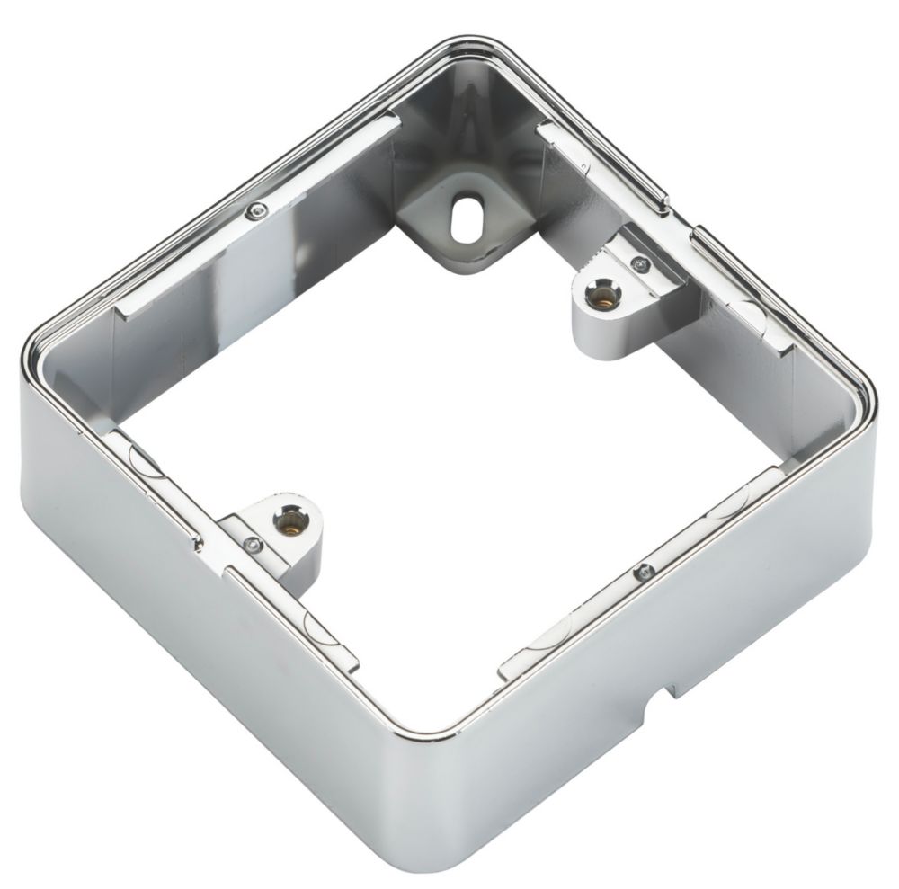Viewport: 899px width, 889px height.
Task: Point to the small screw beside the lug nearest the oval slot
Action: tap(639, 262)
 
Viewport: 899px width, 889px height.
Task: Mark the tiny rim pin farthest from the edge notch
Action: tap(258, 211)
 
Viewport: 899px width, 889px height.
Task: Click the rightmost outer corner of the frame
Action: tap(872, 396)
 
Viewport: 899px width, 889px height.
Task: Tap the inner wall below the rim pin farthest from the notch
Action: tap(261, 261)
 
